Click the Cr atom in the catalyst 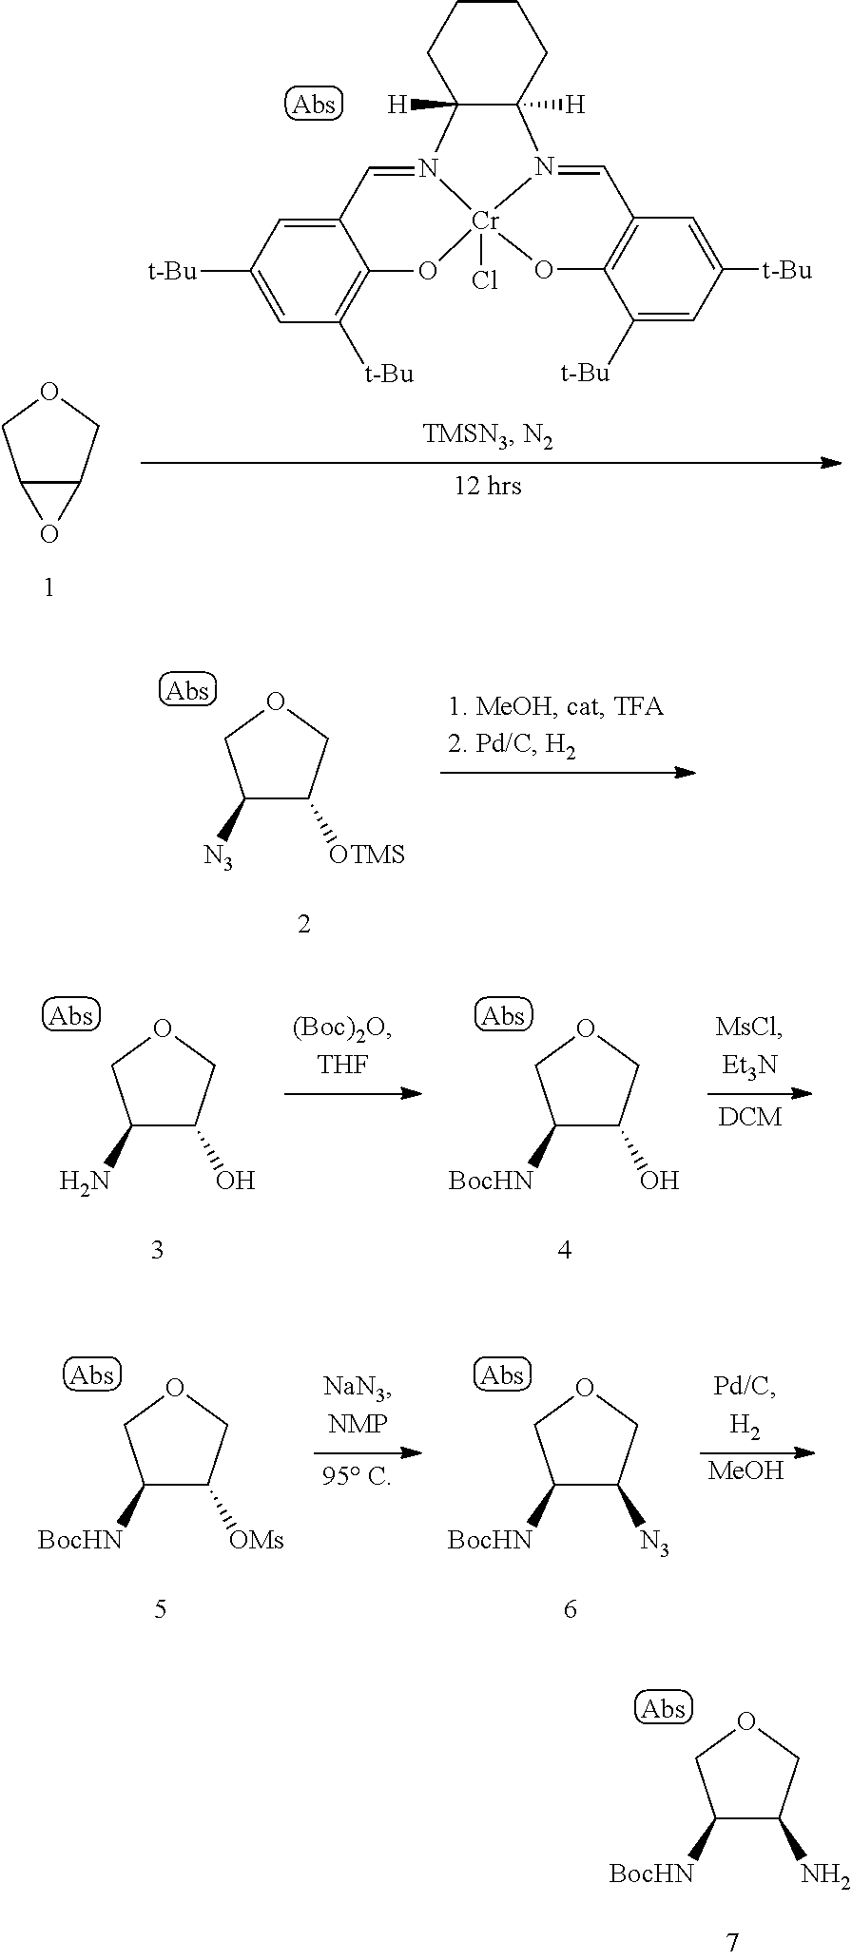tap(486, 221)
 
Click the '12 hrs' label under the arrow tap(487, 487)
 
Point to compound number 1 tap(48, 588)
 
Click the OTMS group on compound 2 tap(366, 855)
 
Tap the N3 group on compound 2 tap(218, 856)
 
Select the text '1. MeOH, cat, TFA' tap(555, 707)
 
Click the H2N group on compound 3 tap(84, 1181)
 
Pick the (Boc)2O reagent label tap(341, 1028)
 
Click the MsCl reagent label tap(748, 1027)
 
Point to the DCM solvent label tap(749, 1117)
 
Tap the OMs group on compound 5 tap(257, 1540)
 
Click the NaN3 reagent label tap(358, 1387)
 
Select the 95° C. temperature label tap(357, 1479)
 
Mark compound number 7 tap(731, 1941)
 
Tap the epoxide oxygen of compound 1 tap(49, 534)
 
